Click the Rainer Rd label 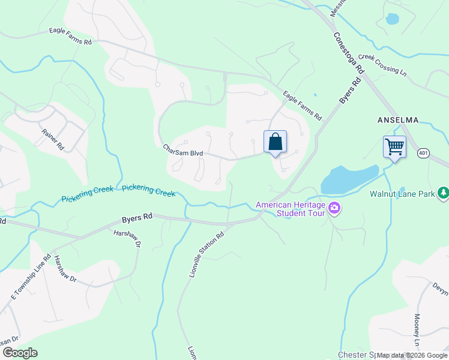click(x=52, y=139)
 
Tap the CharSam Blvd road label click(x=183, y=150)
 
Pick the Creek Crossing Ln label click(x=383, y=64)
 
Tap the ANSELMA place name click(x=397, y=120)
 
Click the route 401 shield click(x=423, y=154)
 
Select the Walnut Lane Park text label click(x=402, y=194)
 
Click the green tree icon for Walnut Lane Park click(x=443, y=193)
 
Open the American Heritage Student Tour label click(x=291, y=209)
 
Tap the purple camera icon click(x=334, y=209)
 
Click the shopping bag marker click(x=275, y=142)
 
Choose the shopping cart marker click(x=394, y=146)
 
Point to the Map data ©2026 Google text click(x=412, y=355)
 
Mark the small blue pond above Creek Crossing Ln click(x=392, y=19)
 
